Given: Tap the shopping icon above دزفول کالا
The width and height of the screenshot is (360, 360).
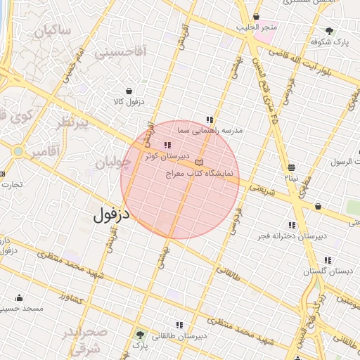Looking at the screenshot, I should tap(129, 91).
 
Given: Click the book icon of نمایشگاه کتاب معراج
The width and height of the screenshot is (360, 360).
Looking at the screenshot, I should tap(199, 162).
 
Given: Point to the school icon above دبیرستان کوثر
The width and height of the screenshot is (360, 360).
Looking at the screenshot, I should tap(167, 145).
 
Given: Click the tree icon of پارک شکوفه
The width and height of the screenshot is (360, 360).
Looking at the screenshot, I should tap(329, 31).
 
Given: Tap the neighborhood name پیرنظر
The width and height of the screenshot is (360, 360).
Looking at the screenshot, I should tap(83, 124).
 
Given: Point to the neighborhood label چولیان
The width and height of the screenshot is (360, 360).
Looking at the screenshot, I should tap(113, 163).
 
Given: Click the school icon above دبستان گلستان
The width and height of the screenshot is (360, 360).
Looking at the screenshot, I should tap(328, 260).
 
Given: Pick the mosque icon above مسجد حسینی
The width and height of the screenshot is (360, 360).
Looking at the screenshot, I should tap(18, 297).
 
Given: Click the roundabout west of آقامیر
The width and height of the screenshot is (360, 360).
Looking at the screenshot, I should tap(17, 150).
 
